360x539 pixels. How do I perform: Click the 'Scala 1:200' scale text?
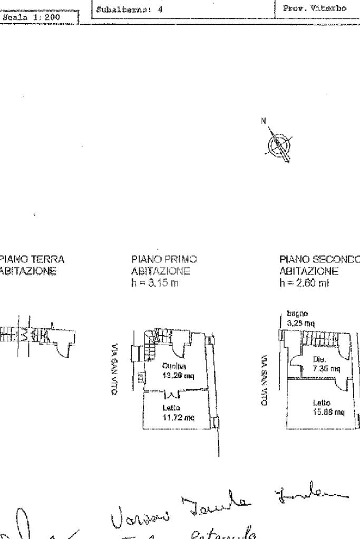32,16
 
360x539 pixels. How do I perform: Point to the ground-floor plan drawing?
40,338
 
